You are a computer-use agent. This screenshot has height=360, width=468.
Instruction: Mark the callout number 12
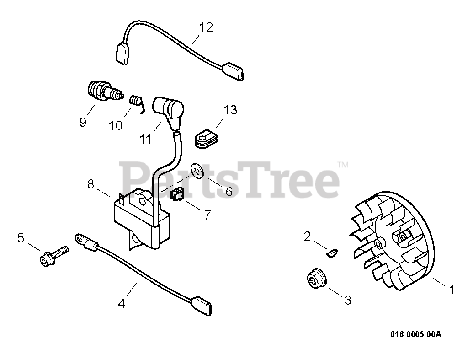206,27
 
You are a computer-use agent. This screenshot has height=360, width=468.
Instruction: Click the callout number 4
122,303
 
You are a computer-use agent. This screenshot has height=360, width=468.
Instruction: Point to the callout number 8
90,184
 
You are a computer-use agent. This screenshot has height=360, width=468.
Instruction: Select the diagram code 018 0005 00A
415,334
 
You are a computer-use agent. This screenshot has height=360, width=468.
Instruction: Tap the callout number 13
231,110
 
